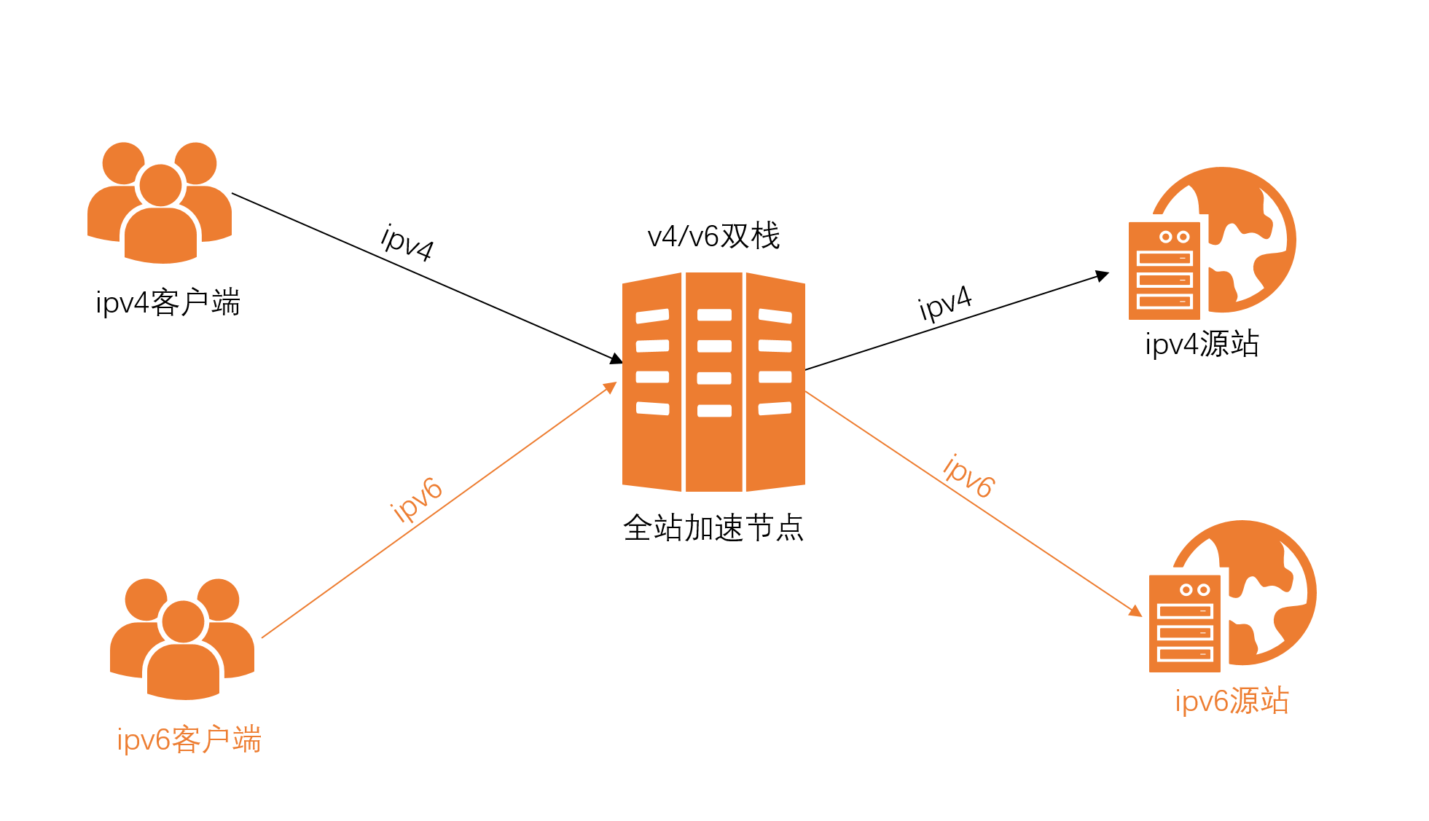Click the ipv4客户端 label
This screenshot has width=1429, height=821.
pyautogui.click(x=168, y=303)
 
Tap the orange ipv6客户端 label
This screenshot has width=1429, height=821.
pyautogui.click(x=189, y=740)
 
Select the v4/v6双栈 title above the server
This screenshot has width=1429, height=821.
pyautogui.click(x=713, y=236)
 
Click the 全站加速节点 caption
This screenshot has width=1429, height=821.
pyautogui.click(x=713, y=528)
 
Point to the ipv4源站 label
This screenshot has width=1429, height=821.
pyautogui.click(x=1202, y=344)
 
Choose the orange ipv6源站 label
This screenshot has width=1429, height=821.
pyautogui.click(x=1232, y=701)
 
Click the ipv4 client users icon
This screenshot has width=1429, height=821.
pyautogui.click(x=160, y=203)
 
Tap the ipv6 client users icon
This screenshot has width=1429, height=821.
pyautogui.click(x=182, y=639)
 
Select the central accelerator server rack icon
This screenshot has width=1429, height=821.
pyautogui.click(x=713, y=382)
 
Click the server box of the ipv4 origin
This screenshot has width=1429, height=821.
pyautogui.click(x=1164, y=271)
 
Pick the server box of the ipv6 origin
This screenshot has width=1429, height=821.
pyautogui.click(x=1184, y=624)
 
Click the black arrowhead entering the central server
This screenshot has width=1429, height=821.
pyautogui.click(x=616, y=358)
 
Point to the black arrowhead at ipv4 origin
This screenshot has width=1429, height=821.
pyautogui.click(x=1102, y=276)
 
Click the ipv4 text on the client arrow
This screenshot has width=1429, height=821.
pyautogui.click(x=407, y=243)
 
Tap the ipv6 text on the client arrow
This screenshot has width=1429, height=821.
pyautogui.click(x=416, y=500)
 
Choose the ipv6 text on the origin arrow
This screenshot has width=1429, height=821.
pyautogui.click(x=968, y=476)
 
